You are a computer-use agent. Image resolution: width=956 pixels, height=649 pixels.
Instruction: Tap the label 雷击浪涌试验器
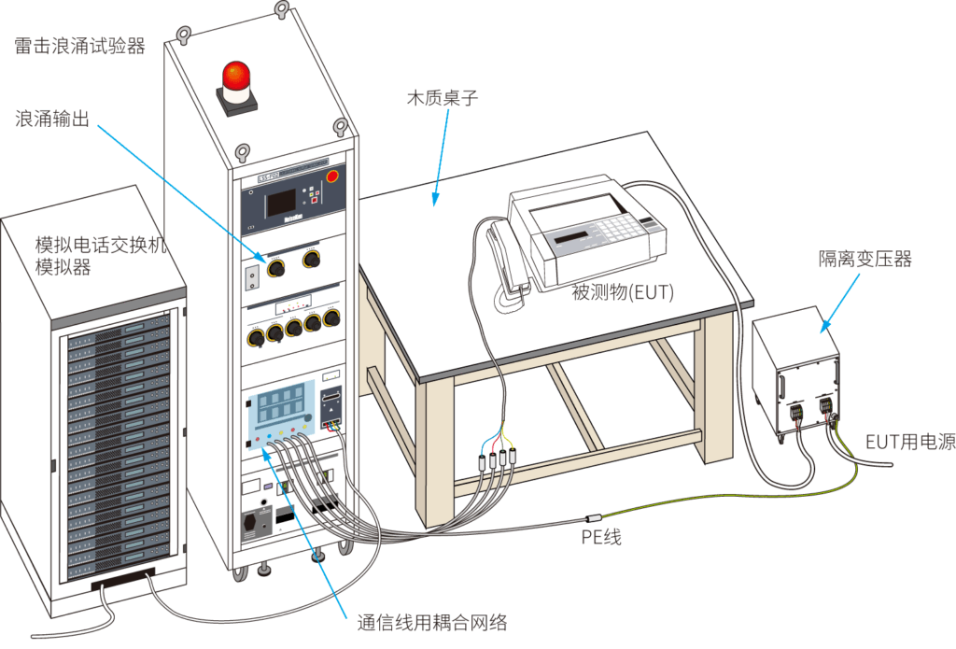(x=80, y=46)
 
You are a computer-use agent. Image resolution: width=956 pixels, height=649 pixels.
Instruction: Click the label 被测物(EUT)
(x=623, y=293)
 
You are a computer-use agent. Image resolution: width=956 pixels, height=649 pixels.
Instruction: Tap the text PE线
(x=601, y=536)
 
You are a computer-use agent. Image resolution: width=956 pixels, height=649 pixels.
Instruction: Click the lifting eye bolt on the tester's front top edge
(x=242, y=150)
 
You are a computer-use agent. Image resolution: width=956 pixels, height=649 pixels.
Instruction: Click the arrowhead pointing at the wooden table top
(x=433, y=198)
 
